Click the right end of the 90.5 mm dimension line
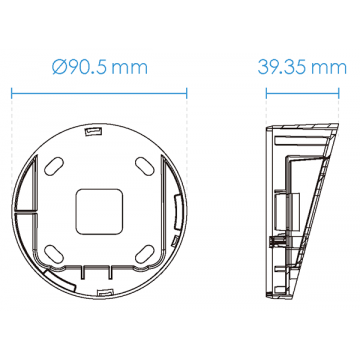click(187, 93)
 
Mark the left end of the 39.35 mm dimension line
click(267, 93)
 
